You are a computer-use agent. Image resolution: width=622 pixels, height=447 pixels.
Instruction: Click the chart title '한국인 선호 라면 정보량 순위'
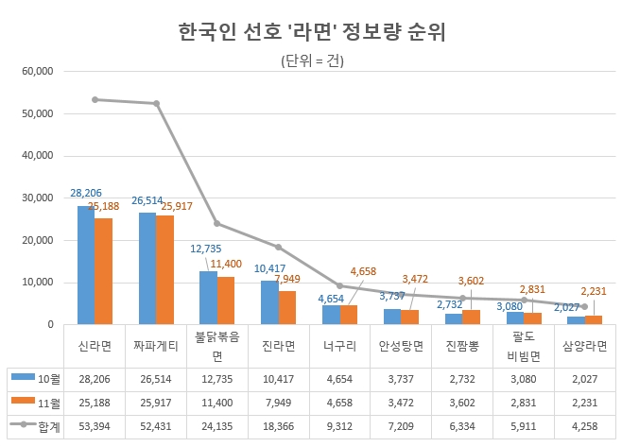click(x=312, y=32)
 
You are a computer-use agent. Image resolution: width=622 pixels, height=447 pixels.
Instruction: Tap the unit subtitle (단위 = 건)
click(x=312, y=62)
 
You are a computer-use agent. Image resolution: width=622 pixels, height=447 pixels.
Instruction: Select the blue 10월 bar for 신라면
click(x=86, y=265)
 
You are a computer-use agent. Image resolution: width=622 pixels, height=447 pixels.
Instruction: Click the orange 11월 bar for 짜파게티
click(x=164, y=269)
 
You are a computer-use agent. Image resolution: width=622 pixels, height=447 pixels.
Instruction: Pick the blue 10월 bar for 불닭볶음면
click(x=208, y=298)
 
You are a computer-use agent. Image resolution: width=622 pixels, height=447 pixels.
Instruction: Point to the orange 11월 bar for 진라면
click(x=286, y=307)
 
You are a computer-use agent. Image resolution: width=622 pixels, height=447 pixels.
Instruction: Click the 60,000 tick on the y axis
click(x=37, y=72)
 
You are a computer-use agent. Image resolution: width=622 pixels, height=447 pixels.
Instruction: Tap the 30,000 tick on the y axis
click(x=37, y=198)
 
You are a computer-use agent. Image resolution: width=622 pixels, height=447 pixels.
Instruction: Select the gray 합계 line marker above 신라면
click(x=95, y=99)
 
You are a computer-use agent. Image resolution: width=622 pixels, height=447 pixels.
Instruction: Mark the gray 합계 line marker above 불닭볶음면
click(x=216, y=224)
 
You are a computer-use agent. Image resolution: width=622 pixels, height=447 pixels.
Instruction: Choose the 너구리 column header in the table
click(x=338, y=346)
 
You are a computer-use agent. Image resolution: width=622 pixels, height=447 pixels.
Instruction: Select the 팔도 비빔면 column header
click(x=523, y=346)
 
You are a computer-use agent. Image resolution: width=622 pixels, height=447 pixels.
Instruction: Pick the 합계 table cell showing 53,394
click(x=94, y=424)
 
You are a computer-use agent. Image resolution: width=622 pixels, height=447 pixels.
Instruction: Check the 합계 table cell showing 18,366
click(x=278, y=424)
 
